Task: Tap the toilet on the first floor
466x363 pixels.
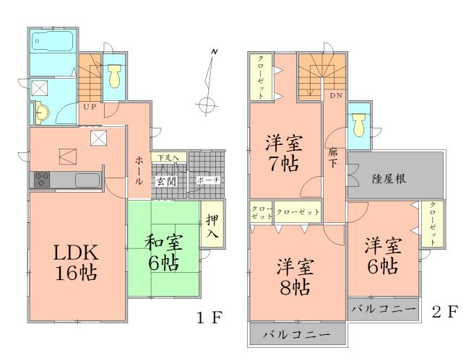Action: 113,76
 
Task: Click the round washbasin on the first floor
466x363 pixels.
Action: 40,113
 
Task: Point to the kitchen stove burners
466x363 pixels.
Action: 40,179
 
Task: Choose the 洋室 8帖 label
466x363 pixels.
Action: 293,276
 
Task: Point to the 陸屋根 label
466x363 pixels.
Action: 389,178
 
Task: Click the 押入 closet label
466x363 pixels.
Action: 212,228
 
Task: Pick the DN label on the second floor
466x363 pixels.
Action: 336,95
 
